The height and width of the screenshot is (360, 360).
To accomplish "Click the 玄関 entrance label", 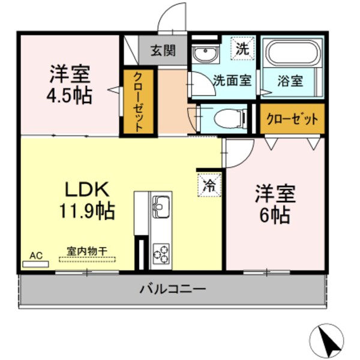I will pyautogui.click(x=162, y=50).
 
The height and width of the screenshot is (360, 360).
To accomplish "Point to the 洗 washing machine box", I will pyautogui.click(x=242, y=48).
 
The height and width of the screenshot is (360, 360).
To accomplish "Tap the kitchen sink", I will pyautogui.click(x=161, y=208).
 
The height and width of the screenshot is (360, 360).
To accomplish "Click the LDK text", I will pyautogui.click(x=86, y=190).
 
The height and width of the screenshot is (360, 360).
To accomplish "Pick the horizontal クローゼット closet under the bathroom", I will pyautogui.click(x=292, y=119).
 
